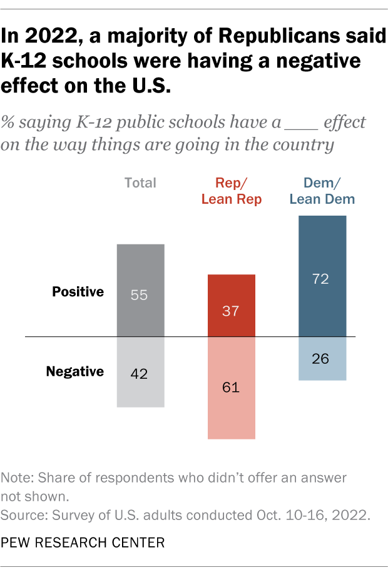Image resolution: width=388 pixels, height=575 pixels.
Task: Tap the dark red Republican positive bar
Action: tap(231, 294)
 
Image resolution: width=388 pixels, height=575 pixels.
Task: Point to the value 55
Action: tap(140, 295)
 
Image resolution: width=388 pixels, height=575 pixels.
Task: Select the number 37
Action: tap(231, 311)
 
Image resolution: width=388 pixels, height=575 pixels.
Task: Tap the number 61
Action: tap(231, 387)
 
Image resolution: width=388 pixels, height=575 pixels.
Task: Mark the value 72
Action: tap(322, 279)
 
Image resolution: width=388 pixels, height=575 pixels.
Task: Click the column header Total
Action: tap(140, 183)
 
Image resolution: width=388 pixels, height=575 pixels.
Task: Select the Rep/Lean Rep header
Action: tap(231, 191)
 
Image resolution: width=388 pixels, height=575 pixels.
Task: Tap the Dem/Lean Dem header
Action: tap(324, 191)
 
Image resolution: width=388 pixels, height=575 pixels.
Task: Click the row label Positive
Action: tap(78, 292)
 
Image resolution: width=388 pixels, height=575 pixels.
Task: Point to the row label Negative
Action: tap(75, 372)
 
